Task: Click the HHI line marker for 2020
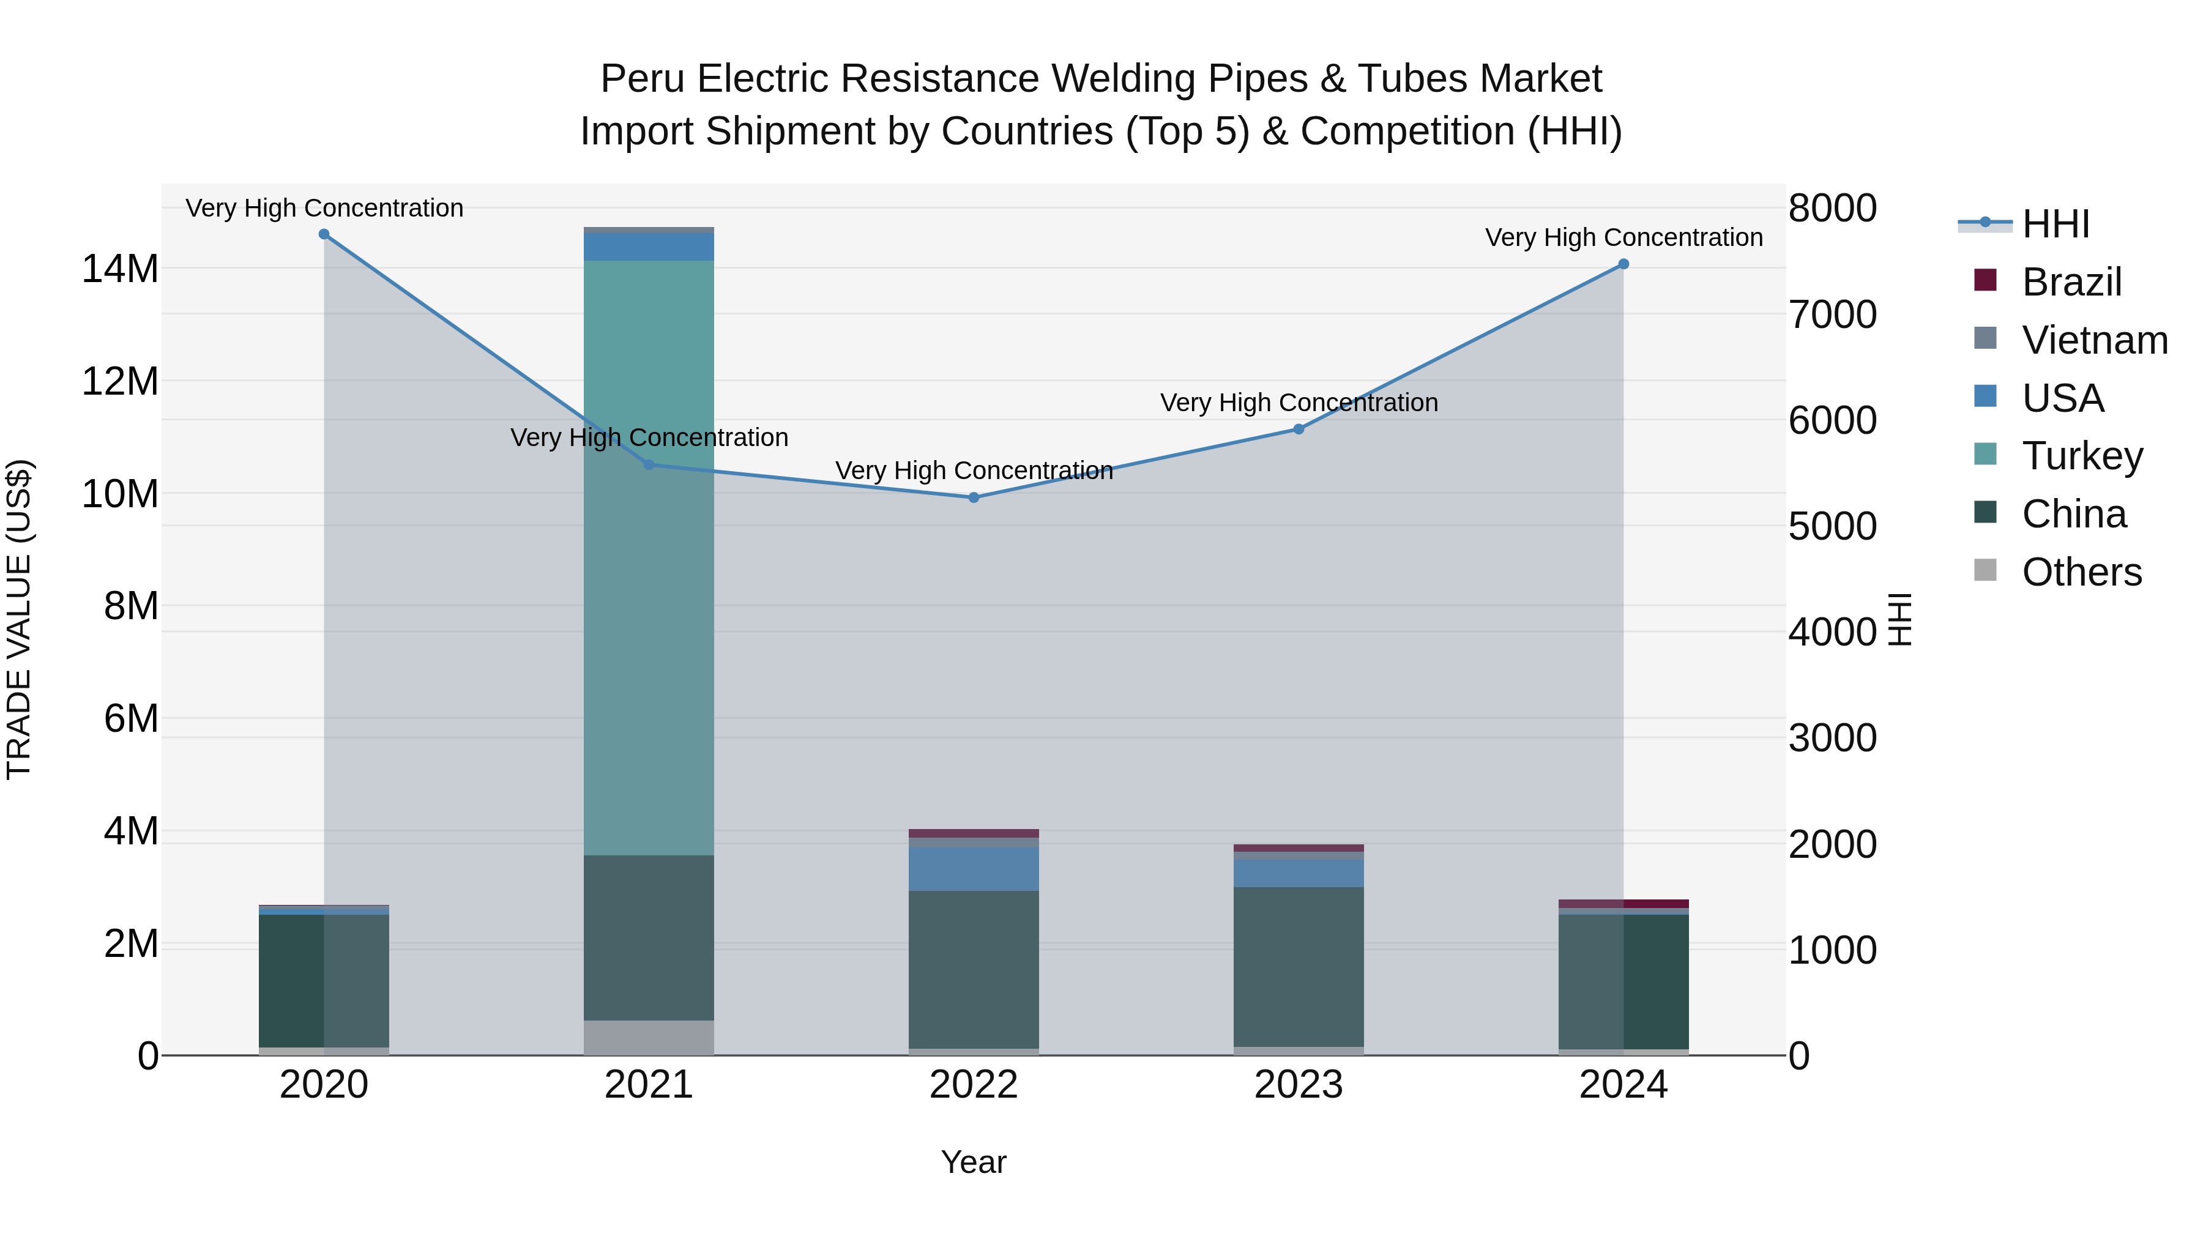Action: pyautogui.click(x=324, y=234)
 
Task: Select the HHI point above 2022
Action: pyautogui.click(x=973, y=497)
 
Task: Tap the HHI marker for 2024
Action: pyautogui.click(x=1623, y=264)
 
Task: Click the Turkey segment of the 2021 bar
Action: pyautogui.click(x=648, y=556)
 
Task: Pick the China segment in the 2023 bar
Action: pyautogui.click(x=1298, y=966)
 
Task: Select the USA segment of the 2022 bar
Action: pyautogui.click(x=973, y=869)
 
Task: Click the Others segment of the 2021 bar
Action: pyautogui.click(x=648, y=1037)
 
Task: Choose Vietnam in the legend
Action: pyautogui.click(x=2093, y=340)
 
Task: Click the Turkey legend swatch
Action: pyautogui.click(x=1985, y=455)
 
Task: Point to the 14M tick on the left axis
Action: pyautogui.click(x=120, y=269)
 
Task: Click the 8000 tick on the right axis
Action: pyautogui.click(x=1832, y=208)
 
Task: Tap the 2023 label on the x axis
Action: pyautogui.click(x=1298, y=1085)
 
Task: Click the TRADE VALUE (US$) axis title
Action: pyautogui.click(x=19, y=619)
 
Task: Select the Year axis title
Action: pyautogui.click(x=973, y=1162)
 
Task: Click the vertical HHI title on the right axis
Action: pyautogui.click(x=1898, y=619)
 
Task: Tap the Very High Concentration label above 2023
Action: pyautogui.click(x=1298, y=402)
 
